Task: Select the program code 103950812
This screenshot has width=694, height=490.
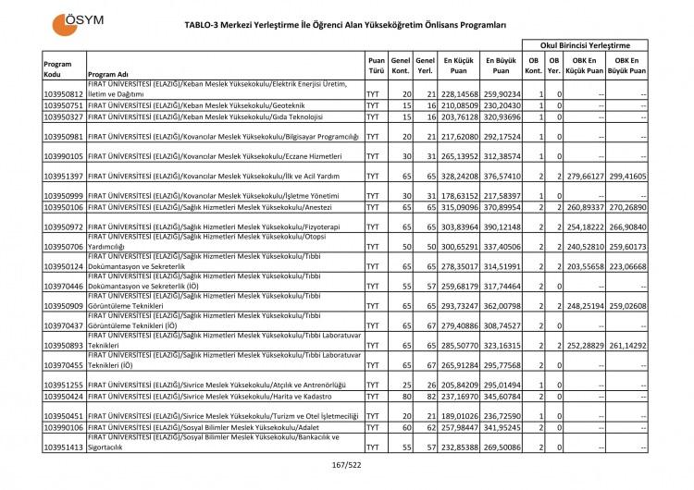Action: [x=64, y=94]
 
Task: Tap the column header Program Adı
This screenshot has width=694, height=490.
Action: [x=109, y=76]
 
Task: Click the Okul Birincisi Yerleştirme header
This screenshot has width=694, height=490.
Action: [x=587, y=44]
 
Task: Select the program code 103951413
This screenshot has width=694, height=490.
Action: [x=64, y=447]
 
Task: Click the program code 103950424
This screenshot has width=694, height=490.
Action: [x=64, y=397]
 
